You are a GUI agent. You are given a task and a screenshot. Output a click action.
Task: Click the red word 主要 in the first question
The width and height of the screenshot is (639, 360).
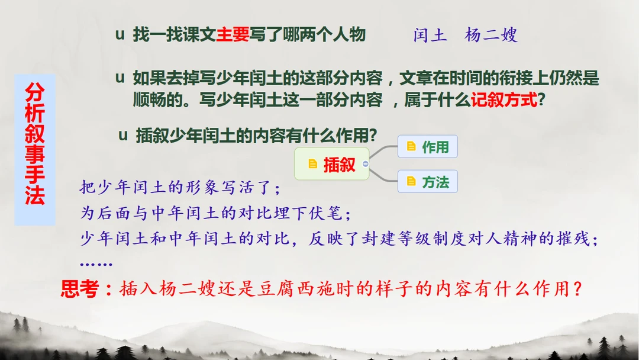click(x=233, y=34)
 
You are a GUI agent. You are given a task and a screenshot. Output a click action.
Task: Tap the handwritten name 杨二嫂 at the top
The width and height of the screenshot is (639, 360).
click(x=491, y=35)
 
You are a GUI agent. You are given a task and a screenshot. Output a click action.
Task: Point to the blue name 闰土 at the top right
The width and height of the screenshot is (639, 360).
click(x=430, y=35)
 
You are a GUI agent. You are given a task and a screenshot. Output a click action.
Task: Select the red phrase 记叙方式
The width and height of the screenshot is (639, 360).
click(x=504, y=99)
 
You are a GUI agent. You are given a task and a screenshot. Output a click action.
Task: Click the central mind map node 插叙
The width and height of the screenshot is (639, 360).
click(x=332, y=164)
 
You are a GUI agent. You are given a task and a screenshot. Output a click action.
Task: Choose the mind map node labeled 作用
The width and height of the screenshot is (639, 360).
click(x=428, y=146)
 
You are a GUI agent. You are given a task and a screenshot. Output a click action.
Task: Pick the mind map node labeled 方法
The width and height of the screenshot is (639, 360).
click(x=428, y=181)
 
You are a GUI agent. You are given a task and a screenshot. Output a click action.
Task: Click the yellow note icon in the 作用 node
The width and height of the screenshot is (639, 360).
click(x=411, y=146)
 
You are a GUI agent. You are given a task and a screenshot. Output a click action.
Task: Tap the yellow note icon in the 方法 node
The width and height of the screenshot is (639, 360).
click(x=411, y=181)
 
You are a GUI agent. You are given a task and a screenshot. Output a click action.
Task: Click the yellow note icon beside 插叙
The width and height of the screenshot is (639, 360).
click(x=312, y=164)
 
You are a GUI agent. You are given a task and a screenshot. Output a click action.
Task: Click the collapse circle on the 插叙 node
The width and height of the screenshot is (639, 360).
click(x=366, y=164)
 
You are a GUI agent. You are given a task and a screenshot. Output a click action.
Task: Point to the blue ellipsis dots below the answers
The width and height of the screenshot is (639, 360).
click(x=96, y=265)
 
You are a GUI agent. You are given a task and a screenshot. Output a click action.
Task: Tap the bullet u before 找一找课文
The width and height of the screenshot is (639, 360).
click(x=120, y=35)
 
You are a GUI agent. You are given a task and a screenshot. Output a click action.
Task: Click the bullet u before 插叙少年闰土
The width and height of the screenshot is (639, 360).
click(x=123, y=135)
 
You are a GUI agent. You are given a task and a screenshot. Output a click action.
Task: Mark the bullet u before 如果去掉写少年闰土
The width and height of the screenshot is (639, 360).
click(x=120, y=78)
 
